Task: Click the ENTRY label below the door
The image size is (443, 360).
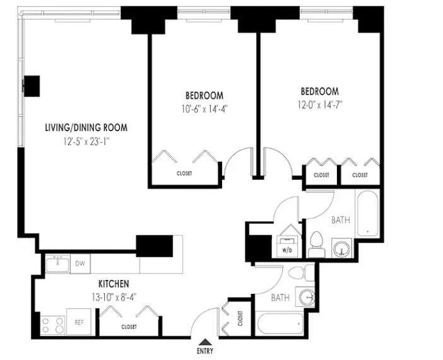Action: [205, 351]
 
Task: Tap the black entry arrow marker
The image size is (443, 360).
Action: [205, 342]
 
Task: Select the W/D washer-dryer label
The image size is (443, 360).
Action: [287, 250]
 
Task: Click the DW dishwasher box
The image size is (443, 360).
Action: [80, 264]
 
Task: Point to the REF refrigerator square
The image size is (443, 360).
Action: [79, 322]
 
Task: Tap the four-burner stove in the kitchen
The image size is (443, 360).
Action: [52, 325]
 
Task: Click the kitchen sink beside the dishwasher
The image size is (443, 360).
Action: [57, 263]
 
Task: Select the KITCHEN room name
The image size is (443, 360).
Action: [114, 284]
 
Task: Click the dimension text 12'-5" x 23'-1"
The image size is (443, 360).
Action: [86, 141]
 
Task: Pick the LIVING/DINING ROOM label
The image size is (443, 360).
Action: [86, 127]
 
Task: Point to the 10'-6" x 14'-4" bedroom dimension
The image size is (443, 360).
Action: [204, 109]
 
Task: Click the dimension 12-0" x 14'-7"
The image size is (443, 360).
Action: [320, 105]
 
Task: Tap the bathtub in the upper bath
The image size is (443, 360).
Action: [367, 214]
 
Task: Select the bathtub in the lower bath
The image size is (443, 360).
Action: [280, 323]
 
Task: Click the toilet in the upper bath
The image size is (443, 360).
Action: [316, 245]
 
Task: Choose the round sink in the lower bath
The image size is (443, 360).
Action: [306, 298]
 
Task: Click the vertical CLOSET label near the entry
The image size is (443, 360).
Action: [240, 318]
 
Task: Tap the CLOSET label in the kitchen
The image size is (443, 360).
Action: [129, 327]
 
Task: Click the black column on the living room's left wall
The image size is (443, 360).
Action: [32, 86]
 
